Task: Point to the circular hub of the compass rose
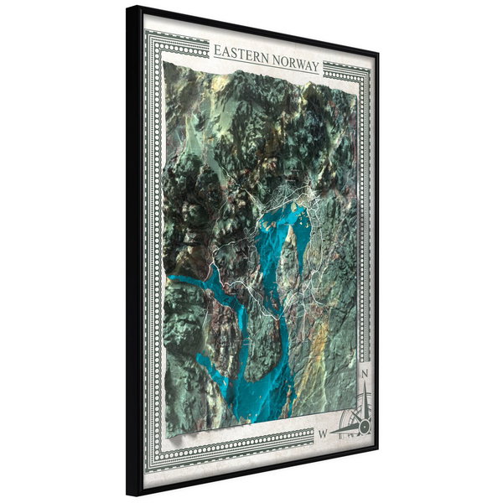tap(363, 426)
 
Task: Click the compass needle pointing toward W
tap(344, 430)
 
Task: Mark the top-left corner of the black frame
tap(129, 8)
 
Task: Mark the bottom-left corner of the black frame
tap(129, 494)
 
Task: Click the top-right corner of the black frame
tap(376, 52)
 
